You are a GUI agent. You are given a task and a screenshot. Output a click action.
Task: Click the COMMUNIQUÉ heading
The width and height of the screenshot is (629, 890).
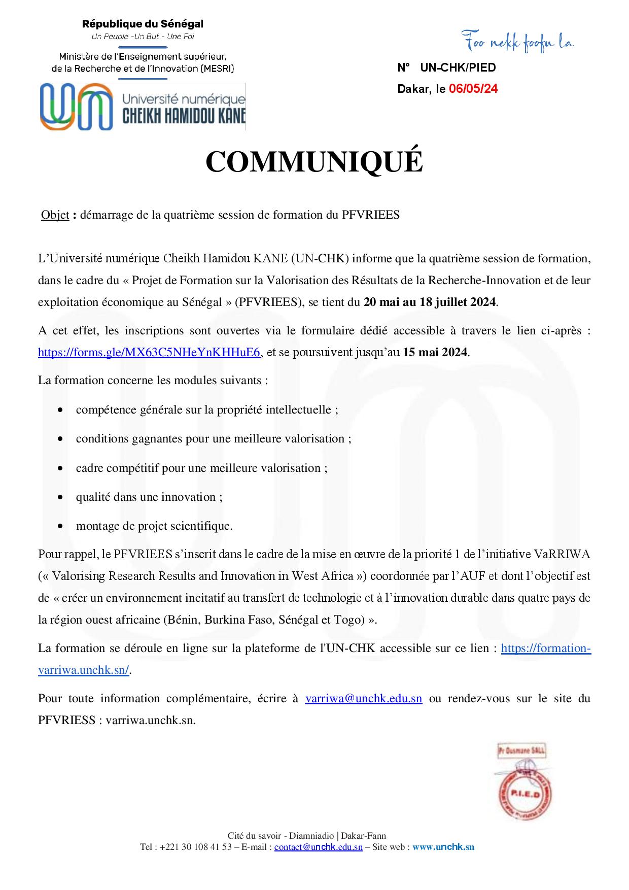(314, 162)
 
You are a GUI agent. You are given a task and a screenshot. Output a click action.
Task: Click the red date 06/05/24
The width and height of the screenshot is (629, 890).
(473, 89)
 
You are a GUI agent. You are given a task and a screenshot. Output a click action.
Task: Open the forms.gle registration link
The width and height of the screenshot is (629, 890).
(150, 352)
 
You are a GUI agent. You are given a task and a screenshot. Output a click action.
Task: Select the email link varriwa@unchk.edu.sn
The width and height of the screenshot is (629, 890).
(363, 698)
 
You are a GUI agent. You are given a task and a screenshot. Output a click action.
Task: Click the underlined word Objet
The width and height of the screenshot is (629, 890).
(55, 215)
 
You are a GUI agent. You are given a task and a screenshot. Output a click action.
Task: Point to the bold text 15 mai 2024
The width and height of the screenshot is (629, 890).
(436, 352)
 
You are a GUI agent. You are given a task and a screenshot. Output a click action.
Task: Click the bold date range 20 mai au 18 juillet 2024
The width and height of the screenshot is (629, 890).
(430, 302)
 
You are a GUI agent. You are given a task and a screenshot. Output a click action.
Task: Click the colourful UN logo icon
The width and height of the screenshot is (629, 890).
(77, 107)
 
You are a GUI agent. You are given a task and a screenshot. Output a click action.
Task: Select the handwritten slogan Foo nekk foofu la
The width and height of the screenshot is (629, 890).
(517, 43)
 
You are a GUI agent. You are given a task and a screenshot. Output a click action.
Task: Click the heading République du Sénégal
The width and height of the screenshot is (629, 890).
(143, 24)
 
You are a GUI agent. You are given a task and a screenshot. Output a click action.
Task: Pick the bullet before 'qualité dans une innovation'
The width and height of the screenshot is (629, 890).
(61, 497)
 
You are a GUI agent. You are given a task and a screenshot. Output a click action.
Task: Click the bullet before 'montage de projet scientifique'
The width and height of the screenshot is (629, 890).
(61, 526)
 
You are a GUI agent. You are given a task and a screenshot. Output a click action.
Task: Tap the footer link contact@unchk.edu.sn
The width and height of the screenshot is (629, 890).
(318, 847)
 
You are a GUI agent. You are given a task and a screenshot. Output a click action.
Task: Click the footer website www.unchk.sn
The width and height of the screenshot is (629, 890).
(443, 847)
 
